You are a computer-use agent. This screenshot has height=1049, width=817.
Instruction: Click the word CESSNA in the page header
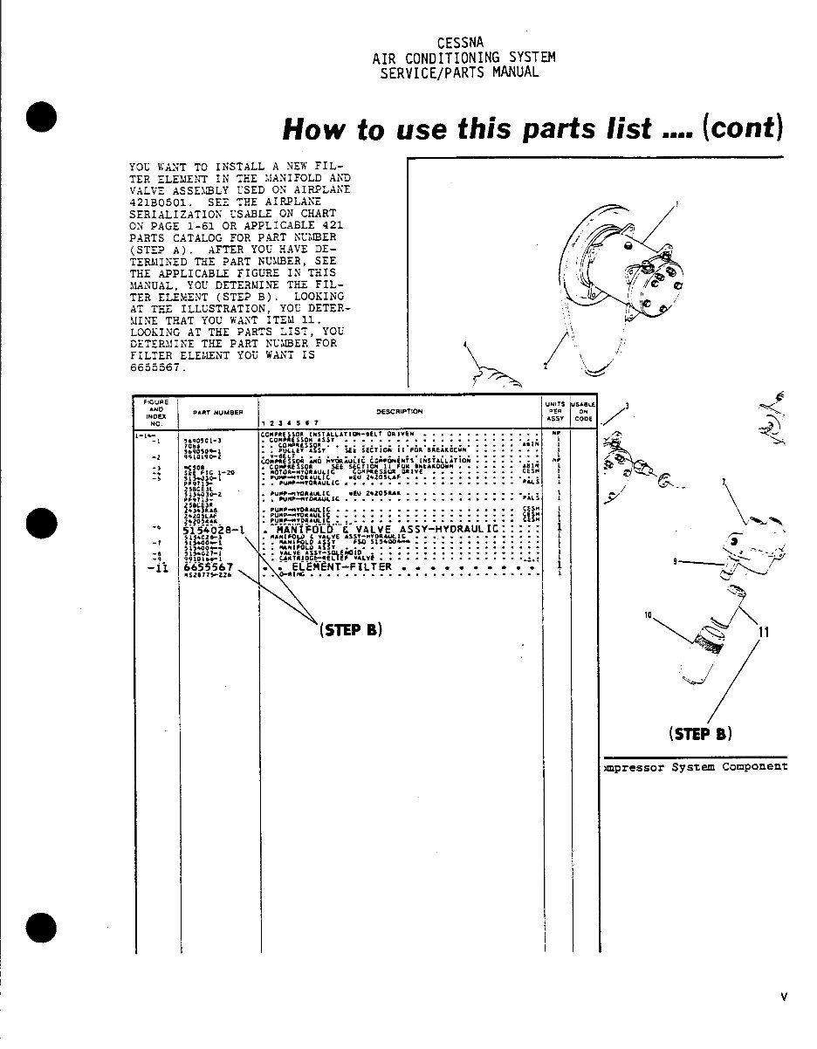point(463,41)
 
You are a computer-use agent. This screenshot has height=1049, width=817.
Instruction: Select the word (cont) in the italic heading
point(742,127)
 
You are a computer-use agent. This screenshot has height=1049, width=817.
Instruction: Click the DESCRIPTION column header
point(400,411)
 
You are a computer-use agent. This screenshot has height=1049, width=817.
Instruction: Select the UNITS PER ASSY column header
point(555,412)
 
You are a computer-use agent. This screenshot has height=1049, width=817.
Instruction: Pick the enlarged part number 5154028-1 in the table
point(214,529)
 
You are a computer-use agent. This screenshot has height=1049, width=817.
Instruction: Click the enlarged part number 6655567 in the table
point(209,567)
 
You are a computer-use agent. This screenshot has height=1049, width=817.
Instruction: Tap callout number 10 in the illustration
point(649,616)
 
